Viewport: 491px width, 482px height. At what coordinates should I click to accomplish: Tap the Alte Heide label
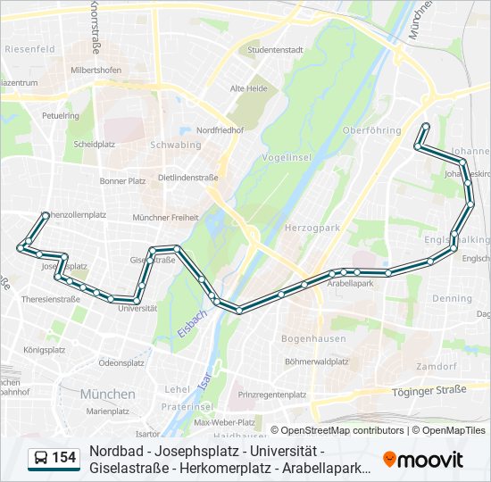click(248, 88)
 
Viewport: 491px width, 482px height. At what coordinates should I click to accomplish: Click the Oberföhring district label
click(371, 130)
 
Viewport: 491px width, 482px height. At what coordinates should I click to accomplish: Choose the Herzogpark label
click(312, 229)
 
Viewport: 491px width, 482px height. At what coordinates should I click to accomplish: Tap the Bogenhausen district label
click(308, 339)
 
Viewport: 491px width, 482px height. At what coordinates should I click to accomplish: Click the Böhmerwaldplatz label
click(317, 361)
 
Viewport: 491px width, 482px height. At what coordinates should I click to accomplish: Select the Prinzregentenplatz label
click(273, 394)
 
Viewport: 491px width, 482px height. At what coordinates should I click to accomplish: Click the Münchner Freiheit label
click(165, 218)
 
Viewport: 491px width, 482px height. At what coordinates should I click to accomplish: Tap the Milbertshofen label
click(96, 70)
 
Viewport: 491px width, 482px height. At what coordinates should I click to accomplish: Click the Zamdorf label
click(437, 367)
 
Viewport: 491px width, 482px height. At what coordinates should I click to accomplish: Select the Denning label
click(451, 299)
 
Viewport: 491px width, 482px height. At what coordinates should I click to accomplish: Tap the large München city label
click(107, 394)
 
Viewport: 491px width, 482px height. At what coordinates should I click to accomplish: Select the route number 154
click(64, 458)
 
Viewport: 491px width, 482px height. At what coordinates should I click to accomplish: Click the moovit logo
click(423, 459)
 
